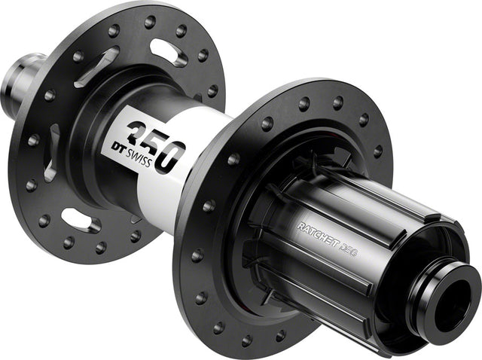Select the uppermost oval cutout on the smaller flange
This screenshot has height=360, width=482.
tap(168, 51)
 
